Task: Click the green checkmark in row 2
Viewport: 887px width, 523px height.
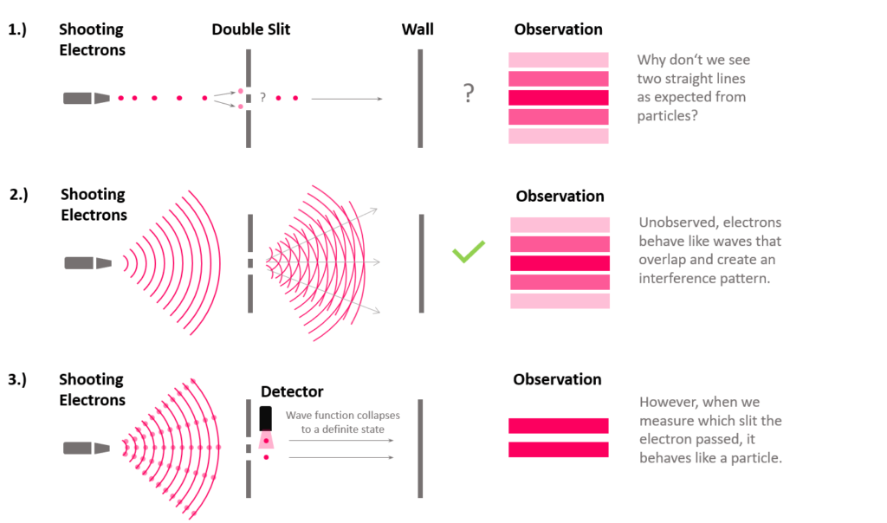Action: click(x=469, y=252)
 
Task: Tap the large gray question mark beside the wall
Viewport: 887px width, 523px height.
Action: click(x=469, y=93)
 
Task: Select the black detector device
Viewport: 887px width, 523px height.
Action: click(x=265, y=418)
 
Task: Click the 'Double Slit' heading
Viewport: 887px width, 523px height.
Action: click(x=250, y=29)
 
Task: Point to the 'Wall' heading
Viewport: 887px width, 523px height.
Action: click(x=418, y=29)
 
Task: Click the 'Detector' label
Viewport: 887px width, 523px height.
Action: click(x=292, y=391)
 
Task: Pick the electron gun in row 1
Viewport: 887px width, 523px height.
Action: click(x=86, y=99)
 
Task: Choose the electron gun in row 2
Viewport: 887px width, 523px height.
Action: click(x=87, y=263)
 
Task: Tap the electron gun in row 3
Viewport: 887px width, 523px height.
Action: click(x=86, y=449)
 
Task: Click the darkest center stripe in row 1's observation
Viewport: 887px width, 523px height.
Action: click(x=559, y=98)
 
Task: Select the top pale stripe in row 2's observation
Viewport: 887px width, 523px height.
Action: click(x=560, y=225)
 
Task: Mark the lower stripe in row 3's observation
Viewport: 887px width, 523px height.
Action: click(x=559, y=449)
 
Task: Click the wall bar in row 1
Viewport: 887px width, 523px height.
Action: click(x=420, y=99)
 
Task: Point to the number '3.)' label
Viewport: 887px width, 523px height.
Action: click(x=17, y=379)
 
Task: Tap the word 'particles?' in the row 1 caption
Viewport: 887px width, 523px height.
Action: click(x=667, y=116)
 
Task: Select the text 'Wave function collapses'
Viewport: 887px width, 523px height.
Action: click(x=343, y=415)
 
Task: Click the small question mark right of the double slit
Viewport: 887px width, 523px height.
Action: click(x=262, y=97)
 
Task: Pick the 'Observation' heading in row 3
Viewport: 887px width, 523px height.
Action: click(x=557, y=379)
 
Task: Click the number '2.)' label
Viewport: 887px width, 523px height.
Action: click(x=19, y=195)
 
